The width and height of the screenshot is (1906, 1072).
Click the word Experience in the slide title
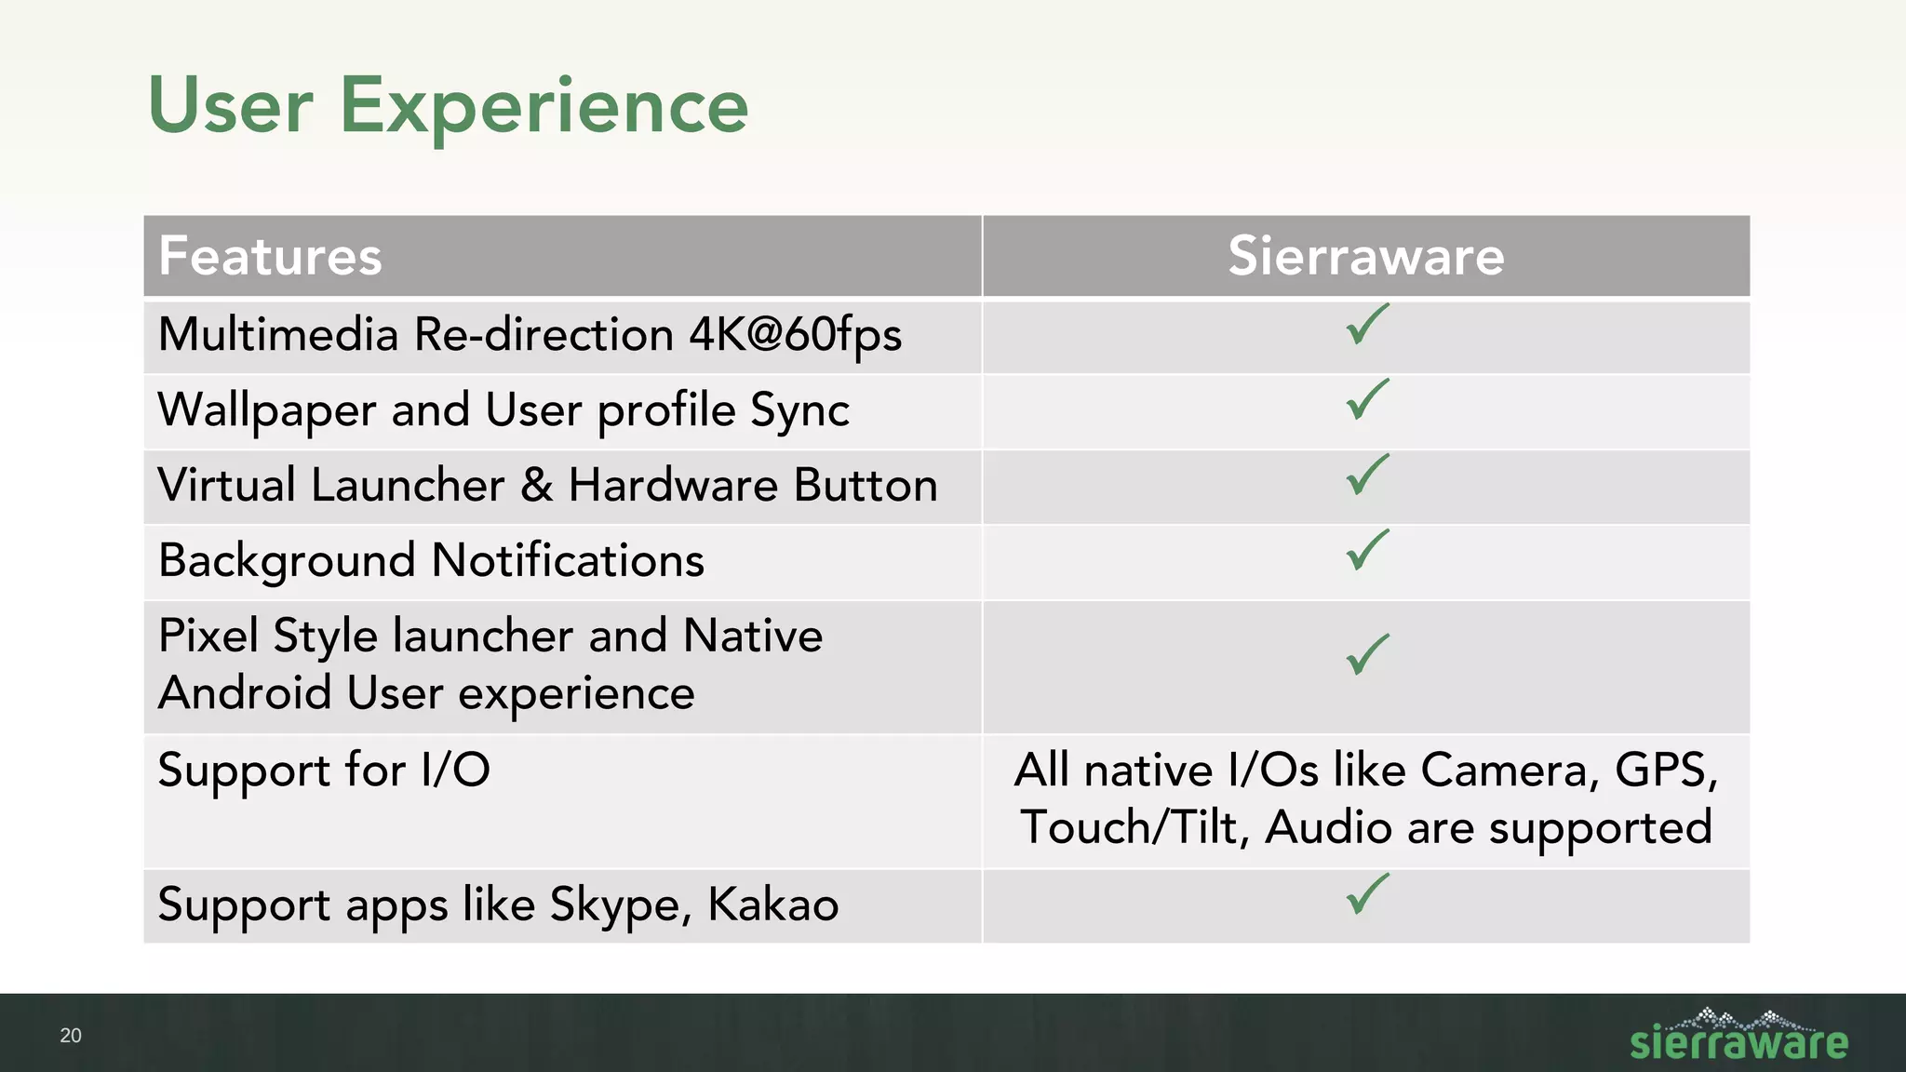544,107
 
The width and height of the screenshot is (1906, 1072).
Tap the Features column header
270,256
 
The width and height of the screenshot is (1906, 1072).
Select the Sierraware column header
1365,256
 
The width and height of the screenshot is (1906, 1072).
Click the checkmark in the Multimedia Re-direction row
1366,325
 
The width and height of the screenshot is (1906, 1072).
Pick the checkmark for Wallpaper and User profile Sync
1366,400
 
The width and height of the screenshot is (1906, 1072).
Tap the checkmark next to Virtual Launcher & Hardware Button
1366,476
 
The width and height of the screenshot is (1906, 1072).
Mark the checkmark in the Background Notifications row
1366,551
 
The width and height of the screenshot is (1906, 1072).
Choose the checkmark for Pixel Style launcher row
1366,655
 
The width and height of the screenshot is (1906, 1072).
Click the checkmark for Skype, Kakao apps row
1366,895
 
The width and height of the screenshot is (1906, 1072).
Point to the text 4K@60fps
795,335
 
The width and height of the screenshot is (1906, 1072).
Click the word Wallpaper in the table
267,410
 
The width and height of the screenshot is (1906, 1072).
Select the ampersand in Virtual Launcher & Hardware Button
537,486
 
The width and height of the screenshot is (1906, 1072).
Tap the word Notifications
568,561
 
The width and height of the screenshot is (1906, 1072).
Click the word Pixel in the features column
208,636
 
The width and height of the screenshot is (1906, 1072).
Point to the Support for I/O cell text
324,770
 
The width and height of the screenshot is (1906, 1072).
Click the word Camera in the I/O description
1510,770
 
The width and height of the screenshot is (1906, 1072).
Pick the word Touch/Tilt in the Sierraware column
1134,827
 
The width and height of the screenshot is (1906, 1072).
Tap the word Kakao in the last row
772,904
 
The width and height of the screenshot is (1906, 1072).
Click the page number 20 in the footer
71,1036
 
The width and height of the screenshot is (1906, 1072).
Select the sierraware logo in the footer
1738,1037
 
